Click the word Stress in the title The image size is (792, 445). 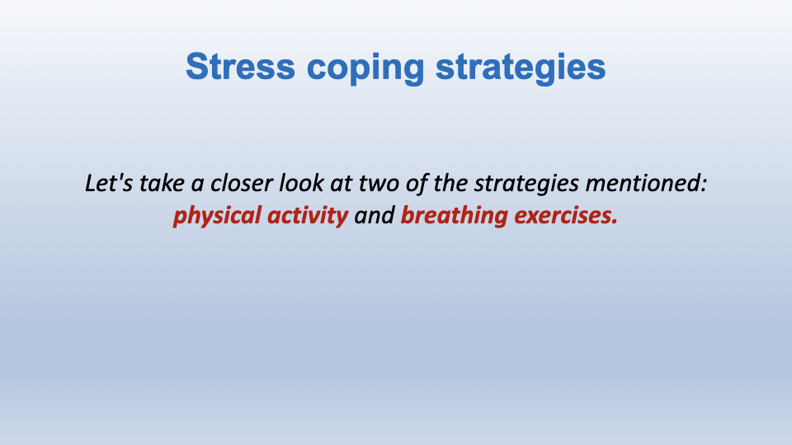240,66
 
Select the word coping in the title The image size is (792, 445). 365,69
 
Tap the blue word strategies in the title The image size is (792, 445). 521,69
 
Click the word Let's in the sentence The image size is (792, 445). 110,183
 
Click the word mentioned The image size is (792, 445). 642,183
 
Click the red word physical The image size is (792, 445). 217,217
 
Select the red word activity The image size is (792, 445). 308,217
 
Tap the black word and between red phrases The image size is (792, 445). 375,215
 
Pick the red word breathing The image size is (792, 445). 454,217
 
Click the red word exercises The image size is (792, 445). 563,215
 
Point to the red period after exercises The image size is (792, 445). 615,222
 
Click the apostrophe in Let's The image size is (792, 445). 119,176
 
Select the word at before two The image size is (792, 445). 342,184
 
